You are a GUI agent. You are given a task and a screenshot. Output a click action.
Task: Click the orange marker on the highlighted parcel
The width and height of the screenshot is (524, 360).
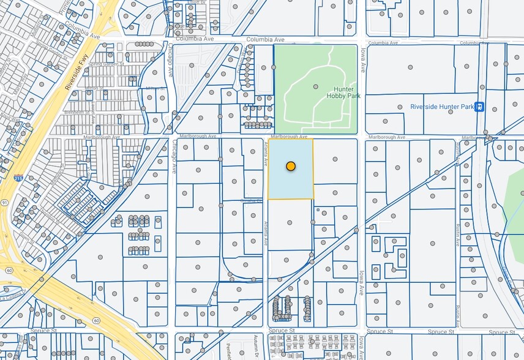291,166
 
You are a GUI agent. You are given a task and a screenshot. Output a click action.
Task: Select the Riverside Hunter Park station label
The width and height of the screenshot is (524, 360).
443,107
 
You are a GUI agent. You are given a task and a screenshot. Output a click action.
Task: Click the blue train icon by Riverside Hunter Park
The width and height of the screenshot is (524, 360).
481,107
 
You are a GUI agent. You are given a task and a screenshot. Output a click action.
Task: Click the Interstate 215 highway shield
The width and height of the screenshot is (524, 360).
18,179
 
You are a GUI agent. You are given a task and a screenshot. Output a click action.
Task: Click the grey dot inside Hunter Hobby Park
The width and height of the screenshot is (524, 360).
316,87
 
